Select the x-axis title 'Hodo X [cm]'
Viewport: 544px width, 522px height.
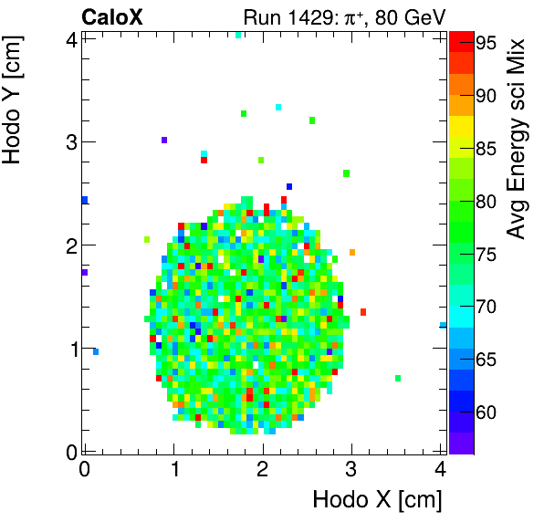tap(377, 499)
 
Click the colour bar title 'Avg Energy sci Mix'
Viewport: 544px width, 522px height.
tap(517, 138)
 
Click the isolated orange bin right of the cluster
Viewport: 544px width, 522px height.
tap(351, 252)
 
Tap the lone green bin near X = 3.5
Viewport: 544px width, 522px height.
tap(398, 378)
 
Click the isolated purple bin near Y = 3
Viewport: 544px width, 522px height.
tap(164, 140)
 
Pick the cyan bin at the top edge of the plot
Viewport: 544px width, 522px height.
tap(238, 35)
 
